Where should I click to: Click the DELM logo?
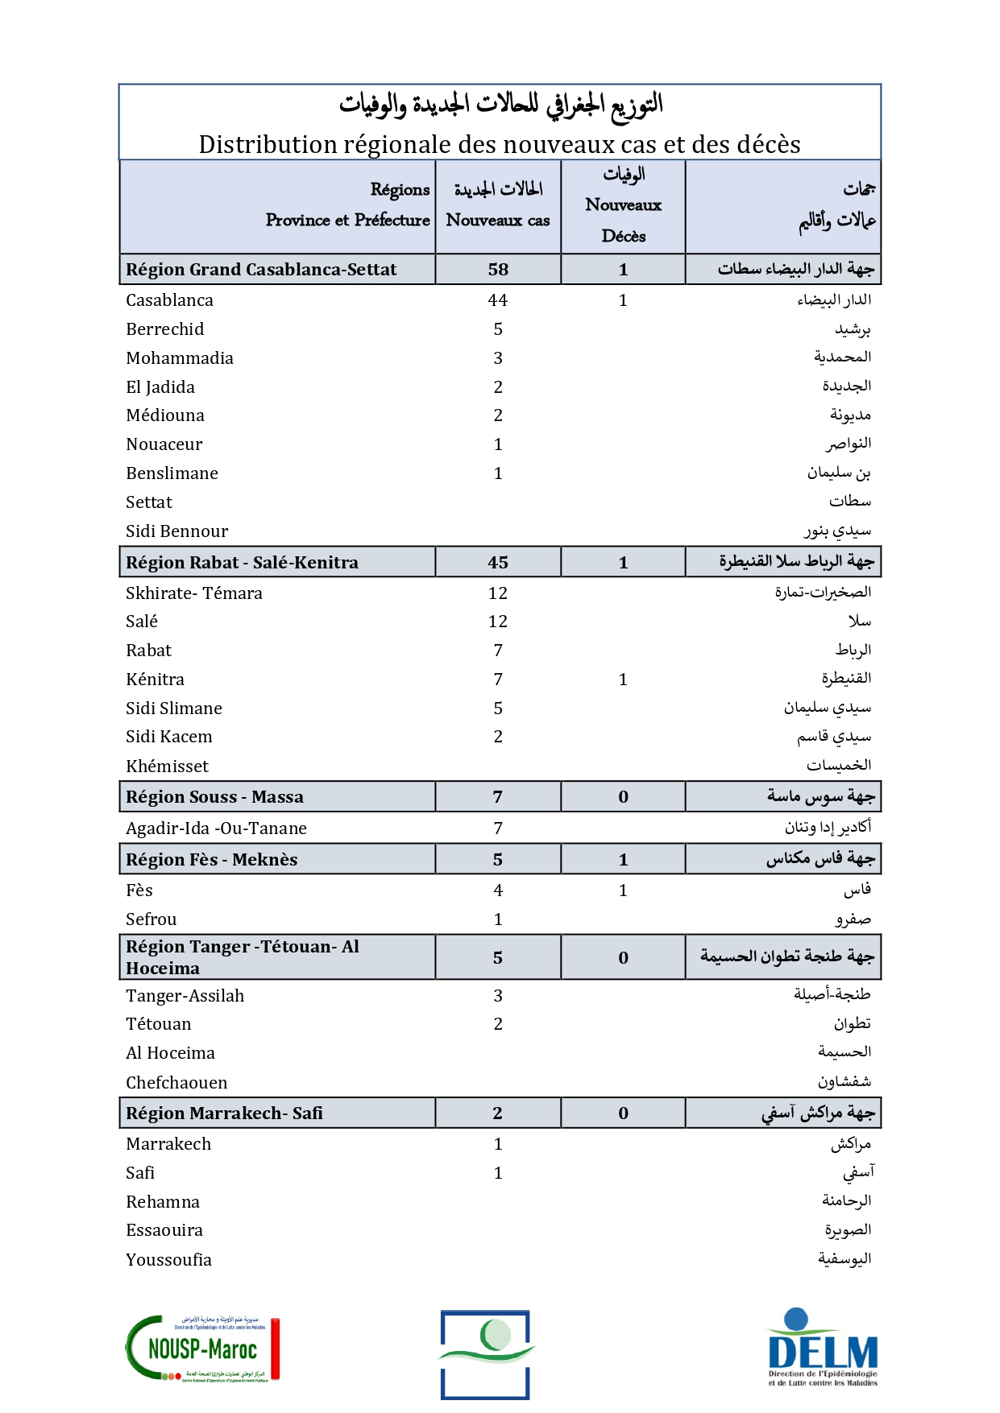pyautogui.click(x=822, y=1349)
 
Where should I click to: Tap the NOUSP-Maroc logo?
pyautogui.click(x=202, y=1349)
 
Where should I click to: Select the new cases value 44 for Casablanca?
pyautogui.click(x=498, y=300)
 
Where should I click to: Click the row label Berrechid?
pyautogui.click(x=165, y=329)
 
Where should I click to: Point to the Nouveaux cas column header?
pyautogui.click(x=498, y=220)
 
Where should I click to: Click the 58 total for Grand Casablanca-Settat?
pyautogui.click(x=498, y=270)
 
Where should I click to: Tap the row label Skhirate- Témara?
pyautogui.click(x=194, y=593)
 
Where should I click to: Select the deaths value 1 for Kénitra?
pyautogui.click(x=623, y=680)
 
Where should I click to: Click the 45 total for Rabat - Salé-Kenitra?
pyautogui.click(x=498, y=563)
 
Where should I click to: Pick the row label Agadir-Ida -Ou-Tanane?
pyautogui.click(x=216, y=828)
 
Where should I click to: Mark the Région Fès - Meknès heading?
pyautogui.click(x=212, y=860)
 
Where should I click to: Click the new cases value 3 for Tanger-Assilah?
pyautogui.click(x=498, y=996)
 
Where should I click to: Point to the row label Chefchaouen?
pyautogui.click(x=176, y=1083)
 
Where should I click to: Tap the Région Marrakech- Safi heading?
pyautogui.click(x=224, y=1113)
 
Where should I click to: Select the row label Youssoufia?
pyautogui.click(x=168, y=1260)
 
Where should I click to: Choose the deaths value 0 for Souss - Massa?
pyautogui.click(x=623, y=797)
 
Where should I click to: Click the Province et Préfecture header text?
pyautogui.click(x=347, y=220)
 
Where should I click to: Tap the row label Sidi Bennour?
pyautogui.click(x=177, y=531)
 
